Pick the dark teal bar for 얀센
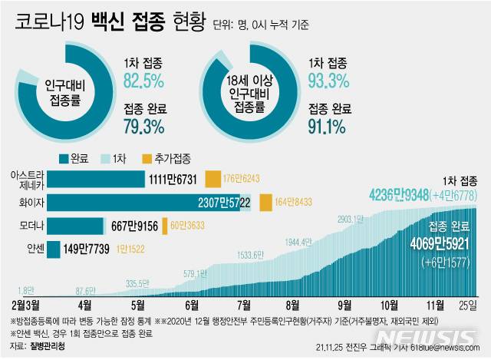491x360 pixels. (54, 249)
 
